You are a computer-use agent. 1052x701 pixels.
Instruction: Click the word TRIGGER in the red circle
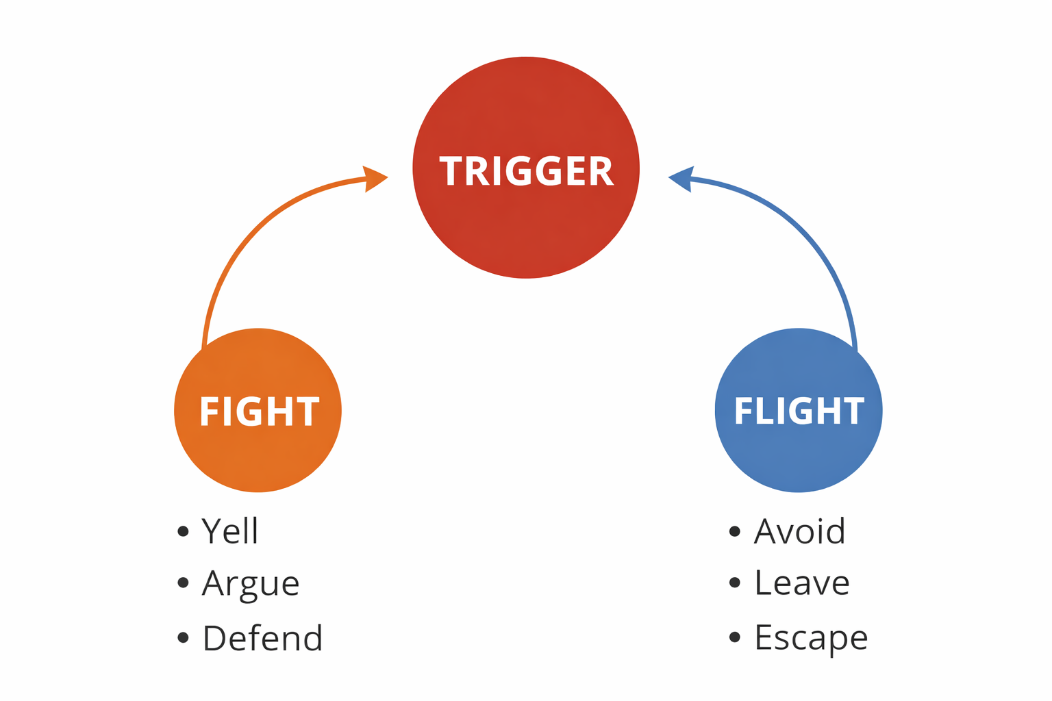pyautogui.click(x=526, y=171)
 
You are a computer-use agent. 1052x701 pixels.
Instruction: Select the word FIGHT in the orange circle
pyautogui.click(x=259, y=411)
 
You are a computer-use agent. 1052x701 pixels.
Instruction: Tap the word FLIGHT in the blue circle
pyautogui.click(x=799, y=411)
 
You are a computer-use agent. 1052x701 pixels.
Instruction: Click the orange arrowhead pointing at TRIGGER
pyautogui.click(x=375, y=179)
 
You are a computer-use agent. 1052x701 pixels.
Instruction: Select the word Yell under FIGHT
pyautogui.click(x=230, y=531)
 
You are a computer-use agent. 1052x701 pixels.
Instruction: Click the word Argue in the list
pyautogui.click(x=251, y=584)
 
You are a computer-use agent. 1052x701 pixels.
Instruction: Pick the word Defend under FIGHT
pyautogui.click(x=262, y=638)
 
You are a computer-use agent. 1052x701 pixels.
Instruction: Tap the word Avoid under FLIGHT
pyautogui.click(x=800, y=531)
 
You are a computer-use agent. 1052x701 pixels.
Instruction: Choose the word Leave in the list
pyautogui.click(x=802, y=584)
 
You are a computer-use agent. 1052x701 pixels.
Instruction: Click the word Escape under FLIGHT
pyautogui.click(x=811, y=638)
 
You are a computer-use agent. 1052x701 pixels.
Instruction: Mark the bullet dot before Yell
pyautogui.click(x=183, y=532)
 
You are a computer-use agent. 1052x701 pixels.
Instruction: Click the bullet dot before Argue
pyautogui.click(x=183, y=583)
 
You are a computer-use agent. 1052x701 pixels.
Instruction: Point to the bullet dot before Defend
pyautogui.click(x=183, y=638)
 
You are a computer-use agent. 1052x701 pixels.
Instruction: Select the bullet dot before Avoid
pyautogui.click(x=735, y=532)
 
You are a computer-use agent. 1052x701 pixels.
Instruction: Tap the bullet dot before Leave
pyautogui.click(x=735, y=583)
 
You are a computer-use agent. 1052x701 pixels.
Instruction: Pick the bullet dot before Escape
pyautogui.click(x=735, y=638)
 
